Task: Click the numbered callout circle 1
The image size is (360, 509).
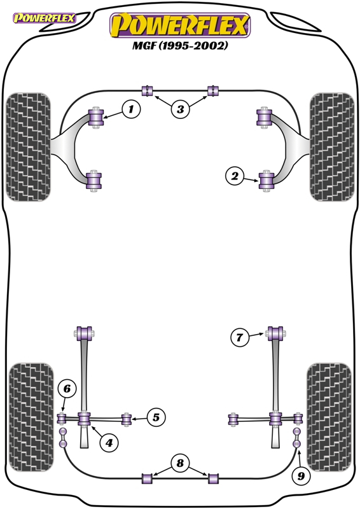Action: click(x=131, y=109)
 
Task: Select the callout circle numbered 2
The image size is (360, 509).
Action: click(x=234, y=176)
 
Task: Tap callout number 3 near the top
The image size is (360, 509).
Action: click(x=180, y=109)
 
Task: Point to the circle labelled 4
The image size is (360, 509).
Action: click(x=109, y=442)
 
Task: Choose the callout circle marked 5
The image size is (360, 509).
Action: click(x=156, y=417)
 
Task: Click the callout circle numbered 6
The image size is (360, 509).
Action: click(x=67, y=389)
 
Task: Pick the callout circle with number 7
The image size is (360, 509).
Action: click(x=240, y=337)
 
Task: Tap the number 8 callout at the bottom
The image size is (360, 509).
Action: click(x=180, y=463)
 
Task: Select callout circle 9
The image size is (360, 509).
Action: click(x=301, y=476)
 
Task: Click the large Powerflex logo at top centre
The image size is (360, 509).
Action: click(x=180, y=25)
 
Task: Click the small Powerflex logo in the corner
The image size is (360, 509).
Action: click(x=45, y=18)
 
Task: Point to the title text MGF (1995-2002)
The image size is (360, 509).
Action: click(x=180, y=45)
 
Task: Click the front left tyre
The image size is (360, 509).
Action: click(x=29, y=147)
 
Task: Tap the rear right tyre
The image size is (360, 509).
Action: click(x=329, y=417)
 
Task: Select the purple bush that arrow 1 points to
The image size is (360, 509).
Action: click(x=96, y=117)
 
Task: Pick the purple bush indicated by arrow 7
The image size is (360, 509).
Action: click(x=276, y=333)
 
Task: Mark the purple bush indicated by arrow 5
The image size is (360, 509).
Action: click(x=127, y=419)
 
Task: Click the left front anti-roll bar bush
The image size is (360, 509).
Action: click(x=148, y=91)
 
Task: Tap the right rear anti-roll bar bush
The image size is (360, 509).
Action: click(x=213, y=478)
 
